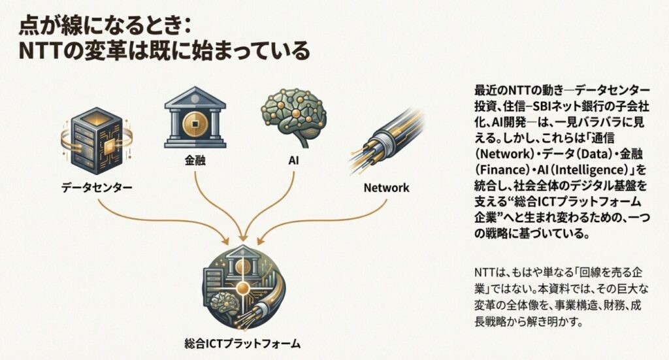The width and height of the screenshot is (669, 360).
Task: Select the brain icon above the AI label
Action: point(293,118)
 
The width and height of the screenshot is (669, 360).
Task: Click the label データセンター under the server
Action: point(97,188)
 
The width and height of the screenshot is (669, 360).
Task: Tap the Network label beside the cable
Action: point(385,188)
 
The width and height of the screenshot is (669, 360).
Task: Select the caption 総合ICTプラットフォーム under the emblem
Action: point(243,342)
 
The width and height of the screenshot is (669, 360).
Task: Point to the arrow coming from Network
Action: point(327,222)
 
